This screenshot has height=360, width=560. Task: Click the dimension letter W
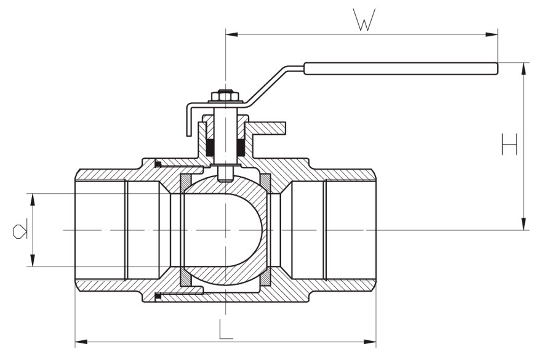364,20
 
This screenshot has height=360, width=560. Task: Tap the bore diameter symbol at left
19,230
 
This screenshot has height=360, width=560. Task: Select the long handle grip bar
400,68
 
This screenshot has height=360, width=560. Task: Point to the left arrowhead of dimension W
231,34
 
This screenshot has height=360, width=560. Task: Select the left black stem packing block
210,148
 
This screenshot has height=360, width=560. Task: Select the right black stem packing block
241,148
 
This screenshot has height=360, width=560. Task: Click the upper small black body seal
158,164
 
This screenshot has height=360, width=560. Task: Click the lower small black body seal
158,297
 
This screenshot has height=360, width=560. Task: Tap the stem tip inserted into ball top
225,175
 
